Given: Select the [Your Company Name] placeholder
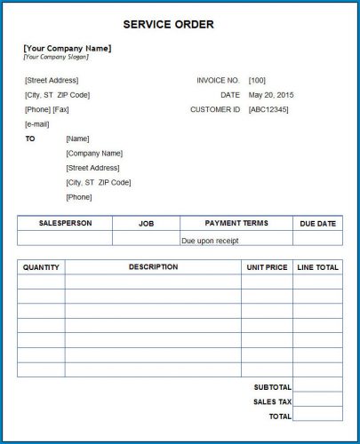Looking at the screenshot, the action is pyautogui.click(x=67, y=48).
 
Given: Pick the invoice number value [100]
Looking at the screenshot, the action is pyautogui.click(x=257, y=80).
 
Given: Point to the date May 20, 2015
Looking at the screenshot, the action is pyautogui.click(x=272, y=95).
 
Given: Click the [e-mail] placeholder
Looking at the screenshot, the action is pyautogui.click(x=36, y=124).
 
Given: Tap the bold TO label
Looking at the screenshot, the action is pyautogui.click(x=30, y=139).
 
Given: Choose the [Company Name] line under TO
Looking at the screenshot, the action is pyautogui.click(x=94, y=153).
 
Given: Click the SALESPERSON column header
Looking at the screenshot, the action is pyautogui.click(x=65, y=224).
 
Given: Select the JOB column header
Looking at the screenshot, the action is pyautogui.click(x=146, y=224).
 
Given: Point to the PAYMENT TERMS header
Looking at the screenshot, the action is pyautogui.click(x=236, y=224).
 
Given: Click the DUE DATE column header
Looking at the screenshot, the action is pyautogui.click(x=317, y=224).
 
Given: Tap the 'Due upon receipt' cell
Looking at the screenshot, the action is pyautogui.click(x=210, y=240).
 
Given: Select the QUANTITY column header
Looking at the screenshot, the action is pyautogui.click(x=41, y=267).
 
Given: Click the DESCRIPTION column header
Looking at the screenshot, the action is pyautogui.click(x=153, y=266).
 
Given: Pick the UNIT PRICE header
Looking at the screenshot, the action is pyautogui.click(x=267, y=267).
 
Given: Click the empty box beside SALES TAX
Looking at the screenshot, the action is pyautogui.click(x=317, y=401).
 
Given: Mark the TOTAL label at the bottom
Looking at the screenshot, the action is pyautogui.click(x=280, y=416).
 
